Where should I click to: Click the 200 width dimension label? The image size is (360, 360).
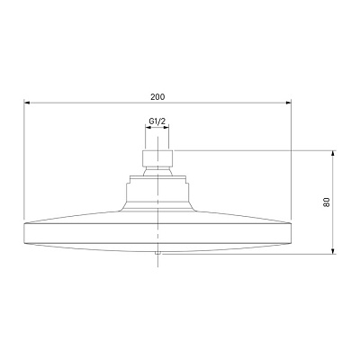[157, 97]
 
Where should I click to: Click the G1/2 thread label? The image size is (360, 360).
[157, 121]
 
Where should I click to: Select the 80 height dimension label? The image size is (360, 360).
[327, 202]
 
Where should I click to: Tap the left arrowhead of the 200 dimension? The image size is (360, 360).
[27, 103]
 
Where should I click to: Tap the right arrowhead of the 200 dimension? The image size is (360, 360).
[288, 103]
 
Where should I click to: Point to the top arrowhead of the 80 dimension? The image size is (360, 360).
[332, 153]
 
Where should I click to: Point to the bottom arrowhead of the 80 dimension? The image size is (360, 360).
[332, 251]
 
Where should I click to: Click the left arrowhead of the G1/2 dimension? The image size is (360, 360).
[148, 128]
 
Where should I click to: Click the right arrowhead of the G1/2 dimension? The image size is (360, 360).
[166, 128]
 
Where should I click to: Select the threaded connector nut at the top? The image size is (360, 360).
[157, 157]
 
